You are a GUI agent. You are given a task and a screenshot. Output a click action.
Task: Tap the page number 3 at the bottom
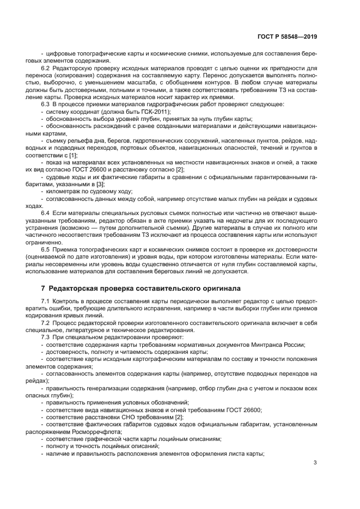click(x=315, y=463)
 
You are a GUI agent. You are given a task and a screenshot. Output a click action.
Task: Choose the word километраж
click(x=65, y=191)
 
